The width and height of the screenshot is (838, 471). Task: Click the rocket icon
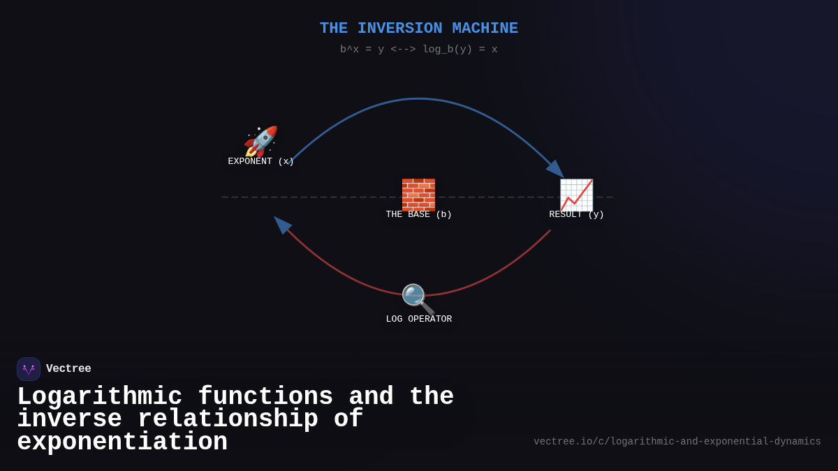point(260,142)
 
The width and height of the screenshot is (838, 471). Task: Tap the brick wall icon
point(418,194)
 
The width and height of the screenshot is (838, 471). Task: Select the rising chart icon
point(576,195)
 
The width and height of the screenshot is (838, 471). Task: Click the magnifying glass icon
point(418,299)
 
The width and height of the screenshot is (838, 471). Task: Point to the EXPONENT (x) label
point(260,162)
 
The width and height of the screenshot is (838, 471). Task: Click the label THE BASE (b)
point(418,215)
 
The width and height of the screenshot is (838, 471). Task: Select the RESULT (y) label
point(576,215)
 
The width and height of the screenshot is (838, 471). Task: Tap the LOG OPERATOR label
point(418,320)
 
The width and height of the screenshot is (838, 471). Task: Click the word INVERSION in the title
point(399,29)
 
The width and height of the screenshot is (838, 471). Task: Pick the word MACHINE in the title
point(485,29)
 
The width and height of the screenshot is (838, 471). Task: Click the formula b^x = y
point(362,50)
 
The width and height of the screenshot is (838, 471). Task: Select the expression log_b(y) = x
point(460,50)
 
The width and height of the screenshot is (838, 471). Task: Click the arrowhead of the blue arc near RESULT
point(556,170)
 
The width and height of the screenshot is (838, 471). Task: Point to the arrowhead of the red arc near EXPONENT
point(281,224)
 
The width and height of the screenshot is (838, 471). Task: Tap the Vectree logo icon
point(29,369)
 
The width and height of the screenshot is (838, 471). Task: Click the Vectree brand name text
point(68,369)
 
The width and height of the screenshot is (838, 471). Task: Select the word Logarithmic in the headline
point(99,397)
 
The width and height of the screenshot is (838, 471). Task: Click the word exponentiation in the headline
point(122,442)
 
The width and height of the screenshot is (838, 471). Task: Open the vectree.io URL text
point(677,442)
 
